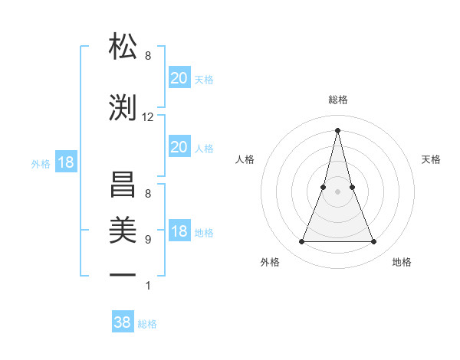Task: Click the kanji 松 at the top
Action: pyautogui.click(x=123, y=47)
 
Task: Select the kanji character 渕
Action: pyautogui.click(x=123, y=106)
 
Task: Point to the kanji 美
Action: pyautogui.click(x=123, y=229)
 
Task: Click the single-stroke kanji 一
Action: pyautogui.click(x=123, y=273)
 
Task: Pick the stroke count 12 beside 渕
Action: pyautogui.click(x=148, y=117)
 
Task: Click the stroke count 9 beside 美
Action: pyautogui.click(x=148, y=240)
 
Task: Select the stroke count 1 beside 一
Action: pyautogui.click(x=148, y=286)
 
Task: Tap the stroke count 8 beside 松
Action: pyautogui.click(x=148, y=56)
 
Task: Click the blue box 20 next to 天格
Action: pyautogui.click(x=179, y=78)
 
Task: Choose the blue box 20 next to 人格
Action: pyautogui.click(x=179, y=147)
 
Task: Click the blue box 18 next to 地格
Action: pyautogui.click(x=179, y=232)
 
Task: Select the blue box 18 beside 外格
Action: pyautogui.click(x=65, y=163)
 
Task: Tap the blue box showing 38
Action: pyautogui.click(x=123, y=322)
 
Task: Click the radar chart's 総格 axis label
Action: pyautogui.click(x=337, y=100)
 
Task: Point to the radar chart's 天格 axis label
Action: pyautogui.click(x=432, y=159)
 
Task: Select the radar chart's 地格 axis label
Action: pyautogui.click(x=402, y=262)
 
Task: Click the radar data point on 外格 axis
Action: pyautogui.click(x=301, y=242)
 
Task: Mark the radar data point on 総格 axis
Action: pyautogui.click(x=337, y=129)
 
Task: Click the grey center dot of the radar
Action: pyautogui.click(x=337, y=192)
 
